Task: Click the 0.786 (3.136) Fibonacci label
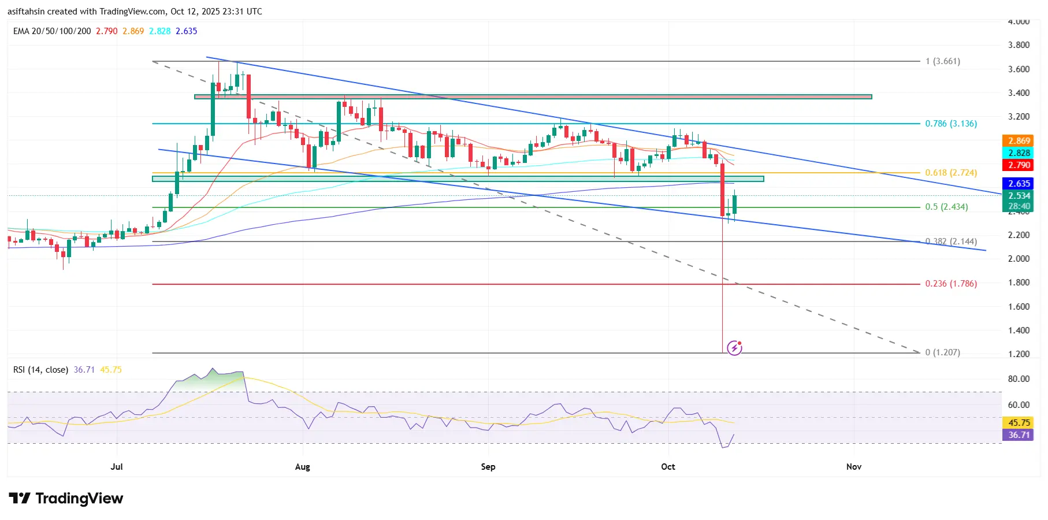coord(951,124)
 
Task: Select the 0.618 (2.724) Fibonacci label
coord(951,173)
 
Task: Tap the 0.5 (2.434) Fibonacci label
coord(946,207)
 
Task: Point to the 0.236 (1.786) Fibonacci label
coord(951,284)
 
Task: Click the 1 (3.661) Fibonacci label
coord(942,61)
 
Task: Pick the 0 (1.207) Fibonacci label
coord(942,352)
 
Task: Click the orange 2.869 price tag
coord(1019,141)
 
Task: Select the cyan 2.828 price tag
coord(1019,153)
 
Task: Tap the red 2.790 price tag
coord(1019,165)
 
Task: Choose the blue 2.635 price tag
coord(1019,184)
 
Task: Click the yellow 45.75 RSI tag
coord(1019,423)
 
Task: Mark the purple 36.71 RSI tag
coord(1019,435)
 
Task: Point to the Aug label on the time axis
coord(302,467)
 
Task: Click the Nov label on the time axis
coord(853,467)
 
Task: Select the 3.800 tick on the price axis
coord(1019,45)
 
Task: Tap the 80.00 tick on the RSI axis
coord(1019,379)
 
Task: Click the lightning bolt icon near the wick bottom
coord(734,348)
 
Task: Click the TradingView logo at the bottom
coord(66,499)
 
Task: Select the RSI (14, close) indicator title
coord(40,370)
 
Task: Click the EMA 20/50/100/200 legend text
coord(52,31)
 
